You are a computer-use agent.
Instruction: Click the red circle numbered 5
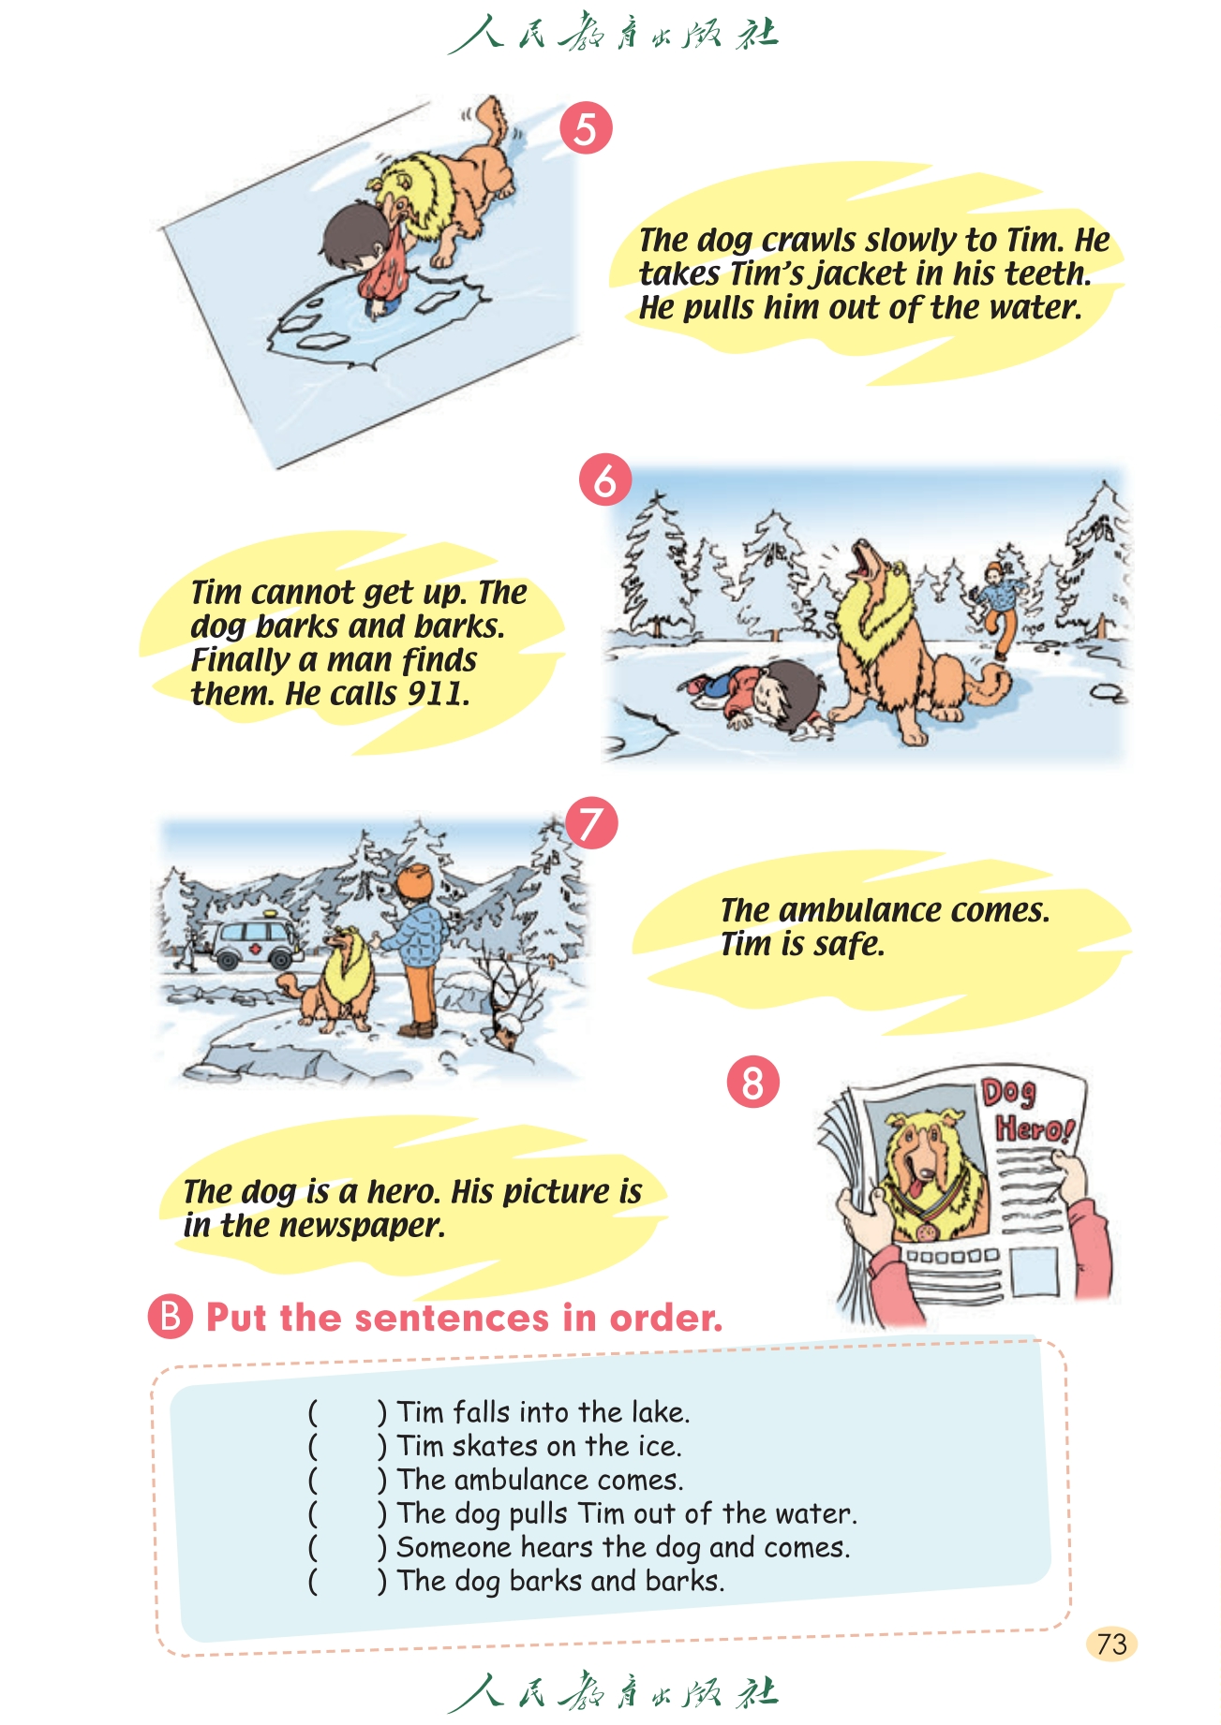click(x=586, y=128)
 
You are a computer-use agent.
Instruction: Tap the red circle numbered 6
click(x=605, y=480)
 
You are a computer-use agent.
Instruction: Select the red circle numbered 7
click(x=591, y=823)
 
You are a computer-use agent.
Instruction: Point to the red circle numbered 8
click(x=753, y=1082)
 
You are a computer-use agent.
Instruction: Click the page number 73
click(x=1111, y=1644)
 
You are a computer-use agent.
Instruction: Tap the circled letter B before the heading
click(x=170, y=1316)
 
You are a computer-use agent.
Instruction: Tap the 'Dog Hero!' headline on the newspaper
click(x=1027, y=1111)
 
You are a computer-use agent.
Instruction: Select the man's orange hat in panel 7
click(x=415, y=880)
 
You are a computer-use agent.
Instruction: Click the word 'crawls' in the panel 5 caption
click(x=809, y=241)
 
